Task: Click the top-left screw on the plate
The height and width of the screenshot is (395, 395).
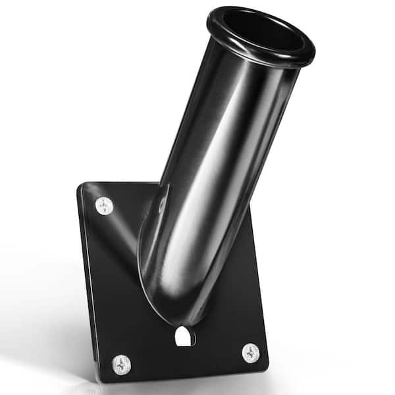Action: pyautogui.click(x=104, y=206)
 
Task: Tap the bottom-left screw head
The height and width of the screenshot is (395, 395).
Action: pyautogui.click(x=121, y=364)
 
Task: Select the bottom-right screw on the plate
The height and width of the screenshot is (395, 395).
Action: pyautogui.click(x=250, y=353)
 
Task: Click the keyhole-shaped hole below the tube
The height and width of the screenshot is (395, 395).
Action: pyautogui.click(x=185, y=336)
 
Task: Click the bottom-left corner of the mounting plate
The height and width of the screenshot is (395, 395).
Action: pyautogui.click(x=99, y=379)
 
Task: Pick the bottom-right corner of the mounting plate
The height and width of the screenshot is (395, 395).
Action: pyautogui.click(x=266, y=366)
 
